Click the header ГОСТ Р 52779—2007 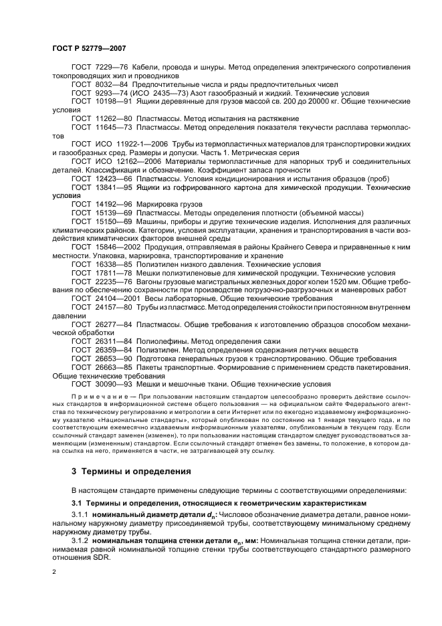coord(89,48)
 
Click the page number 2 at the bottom coord(56,572)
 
